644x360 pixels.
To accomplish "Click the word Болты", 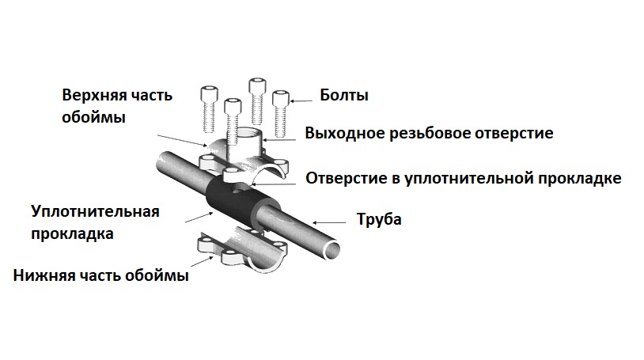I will click(x=344, y=97).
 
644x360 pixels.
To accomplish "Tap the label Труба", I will click(x=379, y=219).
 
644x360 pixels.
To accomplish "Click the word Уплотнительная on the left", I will click(x=96, y=212).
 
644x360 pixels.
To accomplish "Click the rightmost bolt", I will click(x=280, y=111).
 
